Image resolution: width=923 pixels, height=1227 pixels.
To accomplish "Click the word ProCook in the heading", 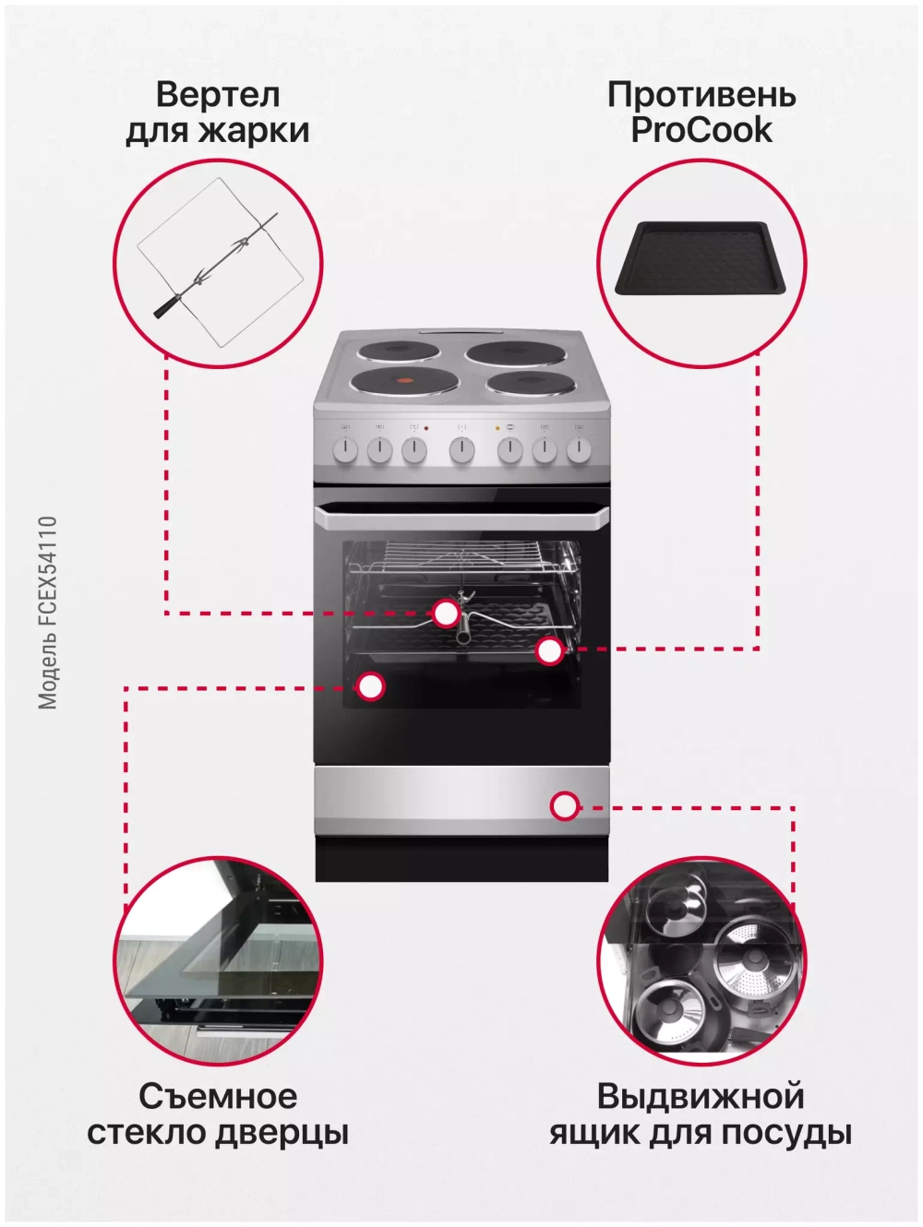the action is click(x=701, y=130).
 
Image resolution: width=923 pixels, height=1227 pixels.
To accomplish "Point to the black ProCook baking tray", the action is click(x=701, y=257).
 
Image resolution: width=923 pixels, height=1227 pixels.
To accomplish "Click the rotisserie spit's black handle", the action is click(x=166, y=307).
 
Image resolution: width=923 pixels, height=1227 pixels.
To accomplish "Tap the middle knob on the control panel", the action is click(x=462, y=449).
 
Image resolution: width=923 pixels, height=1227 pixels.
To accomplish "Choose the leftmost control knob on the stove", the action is click(x=345, y=449).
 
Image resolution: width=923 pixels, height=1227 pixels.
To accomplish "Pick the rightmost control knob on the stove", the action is click(x=579, y=449).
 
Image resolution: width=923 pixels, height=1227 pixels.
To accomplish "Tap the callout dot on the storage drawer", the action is click(x=565, y=806).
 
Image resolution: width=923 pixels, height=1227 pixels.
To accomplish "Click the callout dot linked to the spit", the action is click(x=446, y=613).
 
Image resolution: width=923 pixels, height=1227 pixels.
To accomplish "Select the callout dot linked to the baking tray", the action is click(x=549, y=650).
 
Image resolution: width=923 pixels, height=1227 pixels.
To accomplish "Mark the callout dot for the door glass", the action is click(x=370, y=686).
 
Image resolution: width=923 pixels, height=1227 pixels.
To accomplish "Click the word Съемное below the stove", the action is click(x=218, y=1096).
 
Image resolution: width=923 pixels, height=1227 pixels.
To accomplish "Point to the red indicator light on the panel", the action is click(x=426, y=428).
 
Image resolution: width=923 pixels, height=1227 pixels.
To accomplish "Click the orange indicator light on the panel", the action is click(x=497, y=428).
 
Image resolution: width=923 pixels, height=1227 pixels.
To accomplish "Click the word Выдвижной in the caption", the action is click(x=701, y=1096).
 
